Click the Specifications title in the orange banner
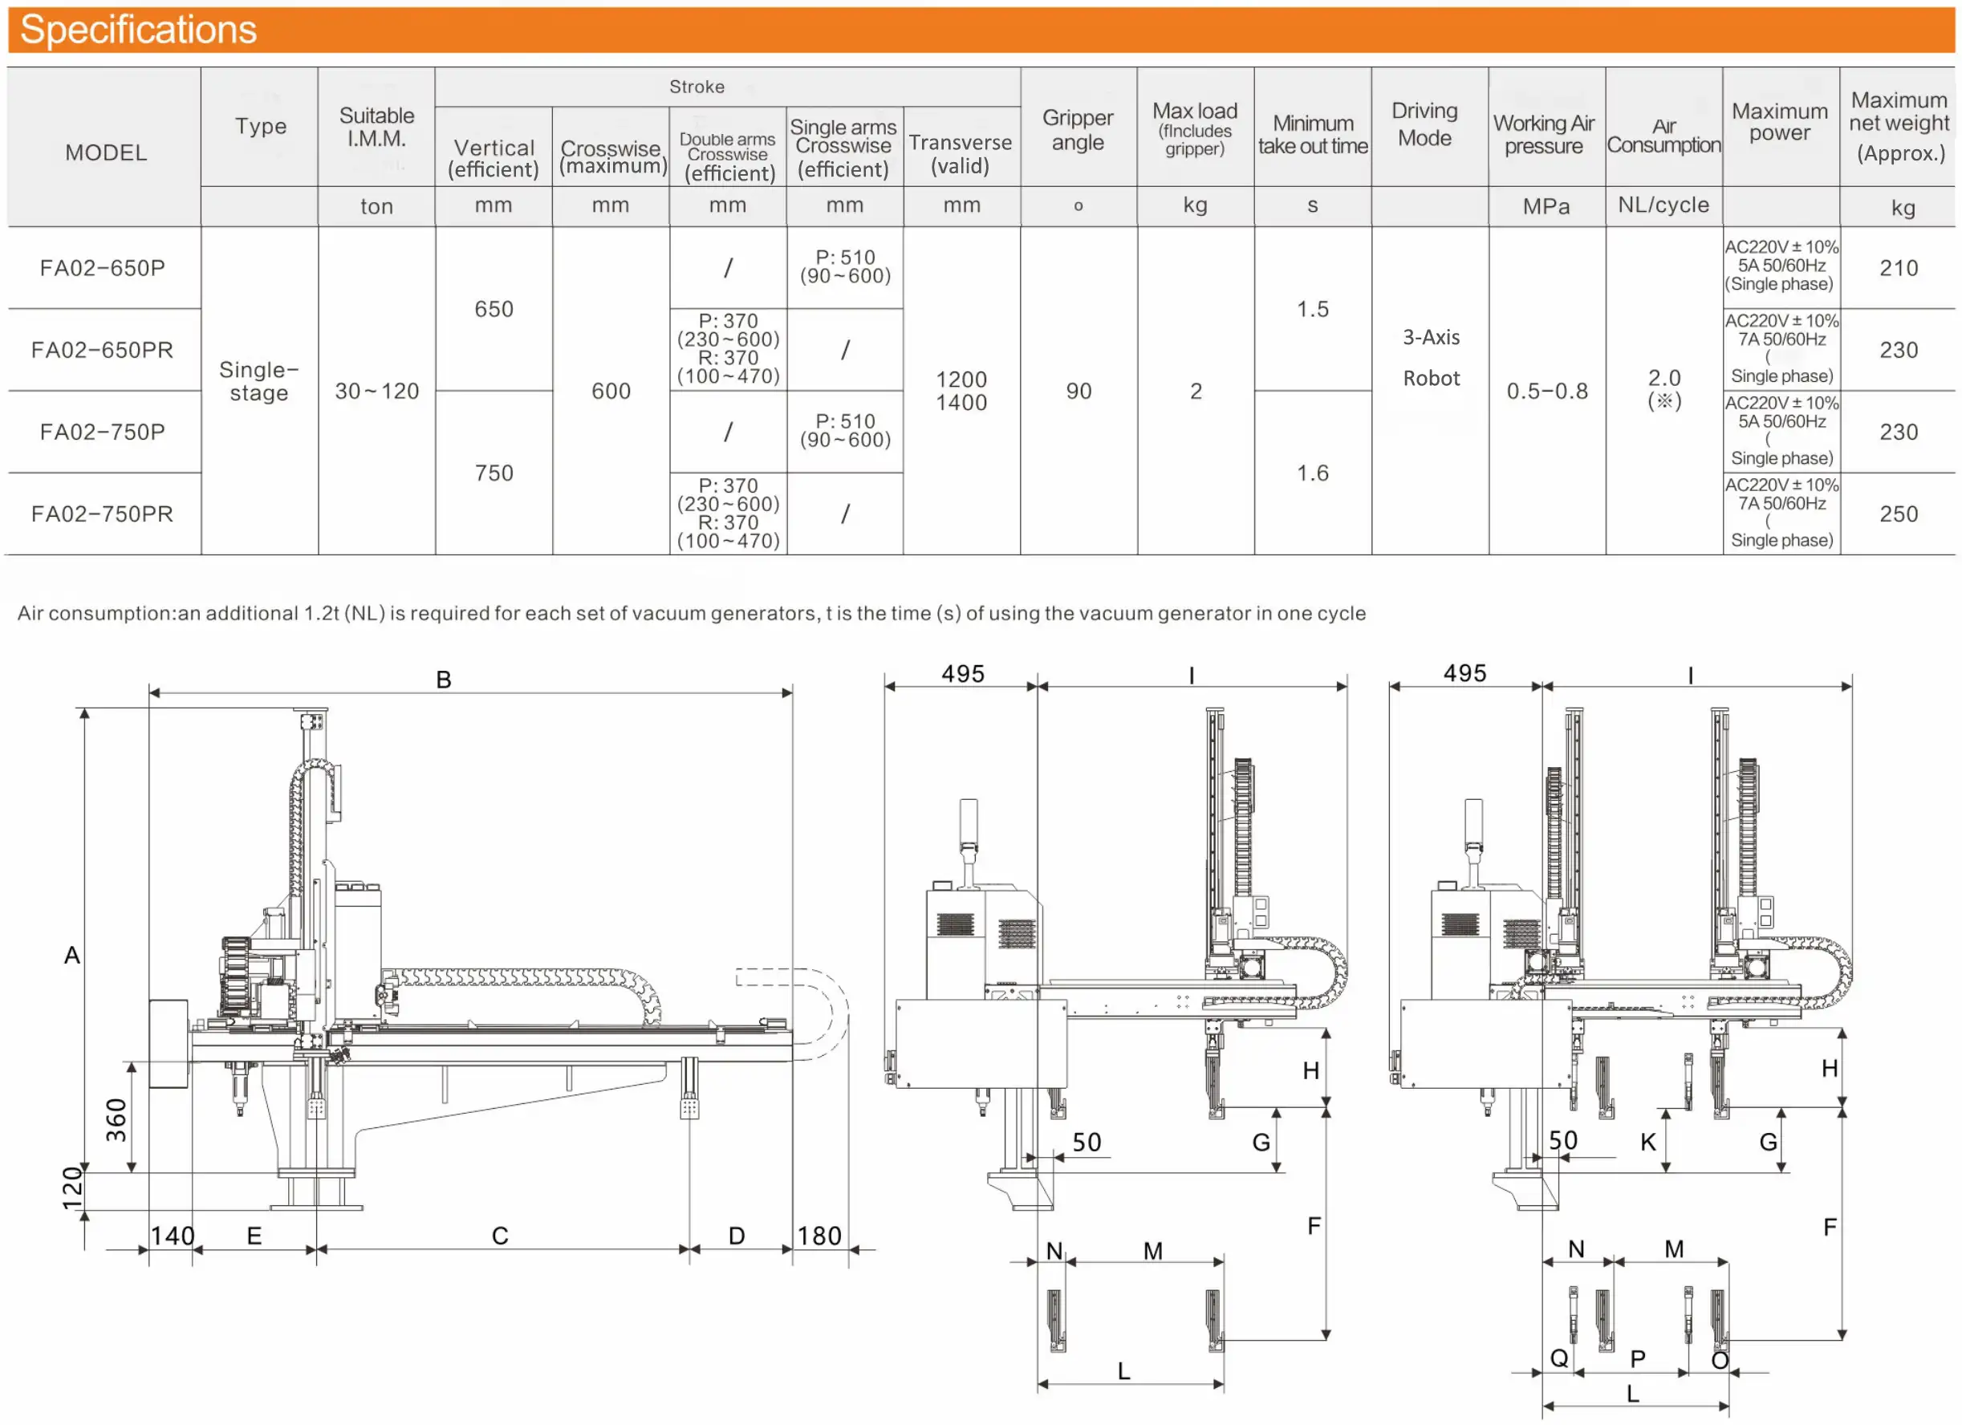point(138,30)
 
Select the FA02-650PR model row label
point(102,350)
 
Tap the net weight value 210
point(1898,268)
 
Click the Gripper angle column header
point(1077,130)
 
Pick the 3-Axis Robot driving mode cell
point(1431,357)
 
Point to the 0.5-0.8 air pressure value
point(1547,391)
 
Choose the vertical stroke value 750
point(494,473)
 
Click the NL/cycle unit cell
point(1663,205)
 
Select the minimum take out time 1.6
point(1312,473)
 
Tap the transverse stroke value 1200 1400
point(961,391)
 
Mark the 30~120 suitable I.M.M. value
point(376,391)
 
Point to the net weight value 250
point(1898,514)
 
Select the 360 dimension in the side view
point(116,1119)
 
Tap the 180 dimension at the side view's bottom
point(819,1236)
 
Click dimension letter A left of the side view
point(71,955)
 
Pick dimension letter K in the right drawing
point(1648,1142)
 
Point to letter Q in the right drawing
point(1559,1358)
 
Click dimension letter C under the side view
point(500,1236)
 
